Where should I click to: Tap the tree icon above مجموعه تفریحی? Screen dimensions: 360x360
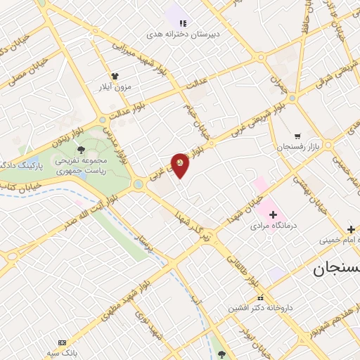point(82,148)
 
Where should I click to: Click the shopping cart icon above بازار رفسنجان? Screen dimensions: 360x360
point(298,136)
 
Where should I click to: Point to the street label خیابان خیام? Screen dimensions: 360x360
point(200,118)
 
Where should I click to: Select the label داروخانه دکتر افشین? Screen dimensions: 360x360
point(259,308)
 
